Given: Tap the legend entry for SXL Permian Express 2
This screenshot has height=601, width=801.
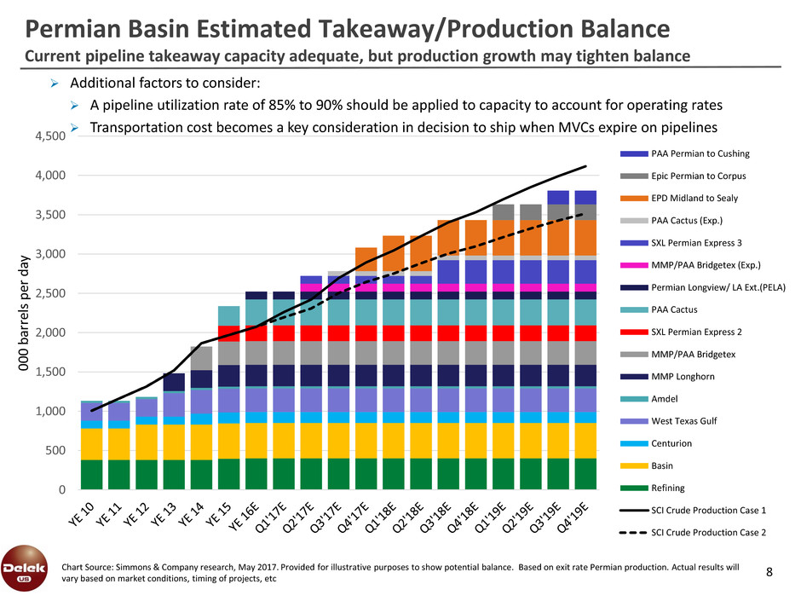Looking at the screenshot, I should (695, 332).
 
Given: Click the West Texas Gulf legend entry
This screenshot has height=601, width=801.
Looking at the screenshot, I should (683, 422).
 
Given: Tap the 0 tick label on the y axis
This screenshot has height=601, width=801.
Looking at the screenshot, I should (63, 490).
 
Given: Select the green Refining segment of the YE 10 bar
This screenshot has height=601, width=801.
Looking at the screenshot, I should (92, 474).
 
